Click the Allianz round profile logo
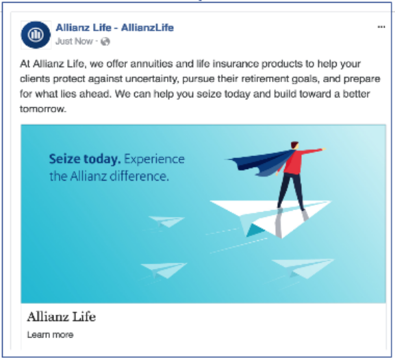[x=37, y=35]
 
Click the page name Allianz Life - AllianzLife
[x=114, y=28]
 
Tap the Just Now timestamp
[x=74, y=42]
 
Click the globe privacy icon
[x=105, y=42]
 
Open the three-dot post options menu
[x=381, y=27]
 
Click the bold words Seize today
[x=84, y=159]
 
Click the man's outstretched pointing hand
[x=320, y=149]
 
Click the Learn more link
[x=50, y=335]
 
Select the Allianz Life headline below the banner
[x=62, y=317]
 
